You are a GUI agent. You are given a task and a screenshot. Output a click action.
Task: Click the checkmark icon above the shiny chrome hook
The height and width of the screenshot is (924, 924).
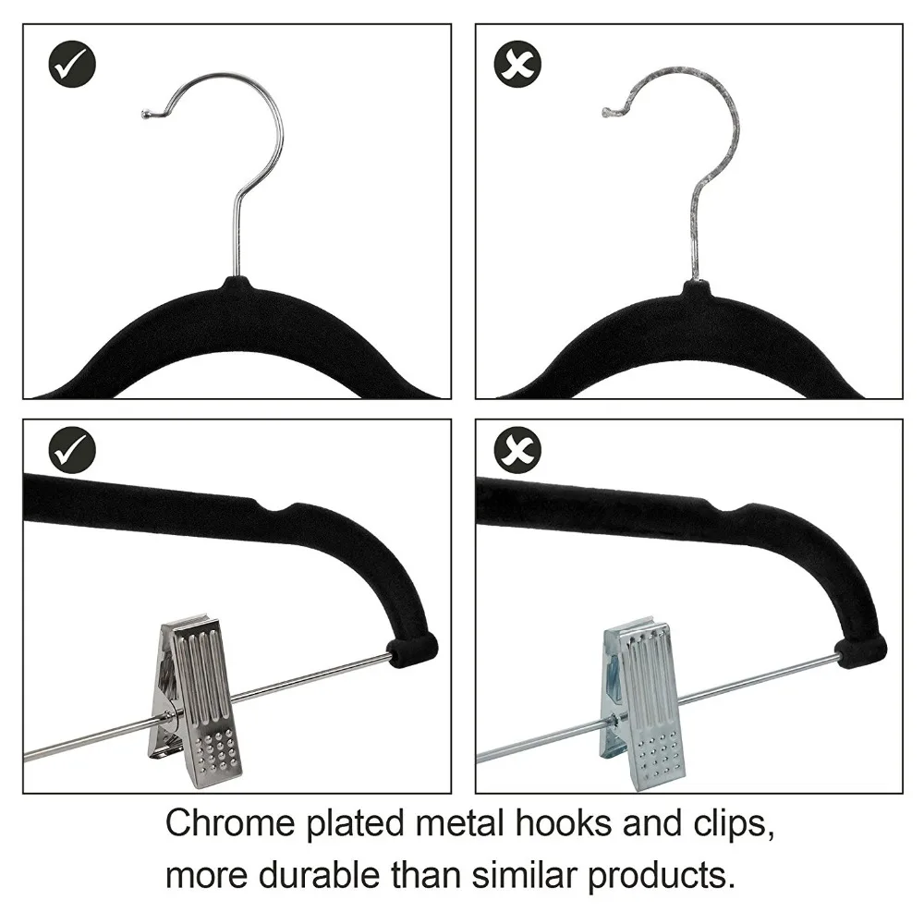click(x=72, y=65)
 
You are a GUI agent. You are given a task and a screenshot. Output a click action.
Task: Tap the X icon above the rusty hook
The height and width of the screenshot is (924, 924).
click(x=517, y=65)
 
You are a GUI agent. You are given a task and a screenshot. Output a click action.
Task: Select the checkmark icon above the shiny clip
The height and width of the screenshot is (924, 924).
click(x=72, y=450)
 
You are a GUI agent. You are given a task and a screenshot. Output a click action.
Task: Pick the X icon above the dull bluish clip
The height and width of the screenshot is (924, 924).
click(x=517, y=450)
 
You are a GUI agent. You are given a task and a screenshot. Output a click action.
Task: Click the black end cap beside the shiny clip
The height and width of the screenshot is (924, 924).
click(x=412, y=650)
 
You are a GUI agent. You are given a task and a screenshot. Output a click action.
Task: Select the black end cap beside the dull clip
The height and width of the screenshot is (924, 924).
click(x=861, y=651)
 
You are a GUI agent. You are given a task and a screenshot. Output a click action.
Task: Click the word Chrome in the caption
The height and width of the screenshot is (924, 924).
click(x=230, y=823)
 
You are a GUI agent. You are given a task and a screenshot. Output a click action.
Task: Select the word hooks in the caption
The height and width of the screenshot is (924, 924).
click(x=564, y=823)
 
